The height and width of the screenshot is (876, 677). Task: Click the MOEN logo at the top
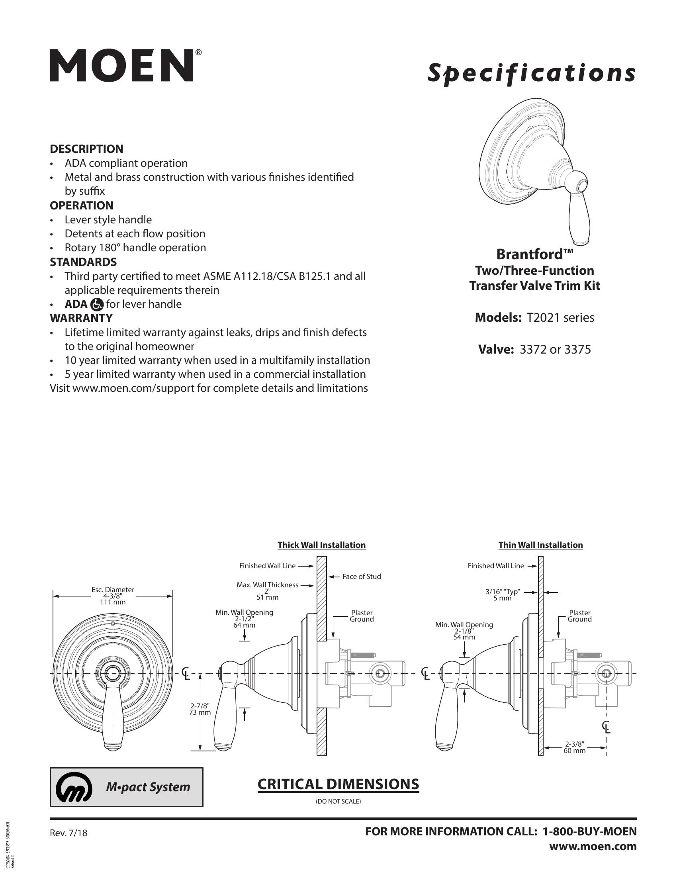pos(122,66)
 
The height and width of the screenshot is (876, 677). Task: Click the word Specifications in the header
pos(531,73)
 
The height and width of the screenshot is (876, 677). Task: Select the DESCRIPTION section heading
pos(86,149)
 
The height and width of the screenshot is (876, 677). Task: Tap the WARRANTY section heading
pos(81,318)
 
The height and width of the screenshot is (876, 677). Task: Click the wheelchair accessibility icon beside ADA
pos(97,305)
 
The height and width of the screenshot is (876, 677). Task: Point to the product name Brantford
pos(534,254)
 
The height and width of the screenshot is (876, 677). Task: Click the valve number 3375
pos(577,350)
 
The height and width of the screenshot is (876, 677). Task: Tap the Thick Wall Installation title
pos(321,545)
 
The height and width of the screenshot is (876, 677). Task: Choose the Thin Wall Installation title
pos(540,545)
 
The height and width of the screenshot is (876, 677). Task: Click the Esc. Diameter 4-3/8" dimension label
pos(113,596)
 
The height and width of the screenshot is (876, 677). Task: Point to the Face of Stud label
pos(361,577)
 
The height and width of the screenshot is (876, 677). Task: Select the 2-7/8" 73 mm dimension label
pos(200,709)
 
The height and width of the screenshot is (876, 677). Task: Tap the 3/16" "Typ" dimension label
pos(503,595)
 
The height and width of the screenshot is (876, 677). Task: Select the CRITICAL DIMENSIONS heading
pos(338,784)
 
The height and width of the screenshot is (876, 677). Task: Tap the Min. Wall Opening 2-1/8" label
pos(464,631)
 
